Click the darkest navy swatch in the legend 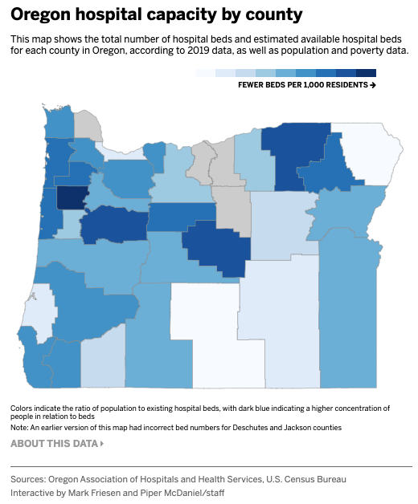point(366,73)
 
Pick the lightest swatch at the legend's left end point(204,73)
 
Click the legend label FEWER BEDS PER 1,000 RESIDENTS point(302,84)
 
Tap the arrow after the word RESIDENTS point(373,84)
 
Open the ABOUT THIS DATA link point(53,443)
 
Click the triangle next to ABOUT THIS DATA point(101,443)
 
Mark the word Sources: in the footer point(31,479)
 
